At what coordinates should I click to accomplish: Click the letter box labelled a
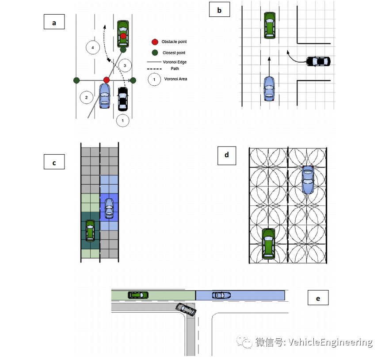click(x=54, y=22)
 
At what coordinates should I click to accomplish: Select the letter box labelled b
click(x=220, y=9)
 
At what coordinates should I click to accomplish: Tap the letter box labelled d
click(x=227, y=155)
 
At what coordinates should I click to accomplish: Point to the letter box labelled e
click(x=318, y=297)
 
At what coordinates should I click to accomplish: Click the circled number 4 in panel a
click(x=93, y=48)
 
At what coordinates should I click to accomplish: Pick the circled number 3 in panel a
click(x=125, y=65)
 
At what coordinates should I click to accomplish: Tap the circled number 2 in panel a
click(x=87, y=98)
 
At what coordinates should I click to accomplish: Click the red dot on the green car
click(x=123, y=36)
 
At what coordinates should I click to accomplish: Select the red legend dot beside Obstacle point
click(x=155, y=42)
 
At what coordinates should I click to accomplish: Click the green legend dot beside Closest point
click(x=155, y=53)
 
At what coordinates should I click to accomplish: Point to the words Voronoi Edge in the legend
click(x=175, y=62)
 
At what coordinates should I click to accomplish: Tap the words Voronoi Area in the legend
click(x=175, y=79)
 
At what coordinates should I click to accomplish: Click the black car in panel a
click(x=123, y=99)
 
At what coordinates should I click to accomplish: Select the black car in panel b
click(x=318, y=61)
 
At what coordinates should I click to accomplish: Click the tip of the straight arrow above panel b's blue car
click(x=269, y=57)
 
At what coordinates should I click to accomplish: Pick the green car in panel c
click(x=90, y=231)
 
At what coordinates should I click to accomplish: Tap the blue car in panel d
click(x=308, y=180)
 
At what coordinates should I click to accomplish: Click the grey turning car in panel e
click(x=186, y=309)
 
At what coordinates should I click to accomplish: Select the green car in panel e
click(x=138, y=295)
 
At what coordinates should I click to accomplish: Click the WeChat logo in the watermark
click(x=244, y=342)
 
